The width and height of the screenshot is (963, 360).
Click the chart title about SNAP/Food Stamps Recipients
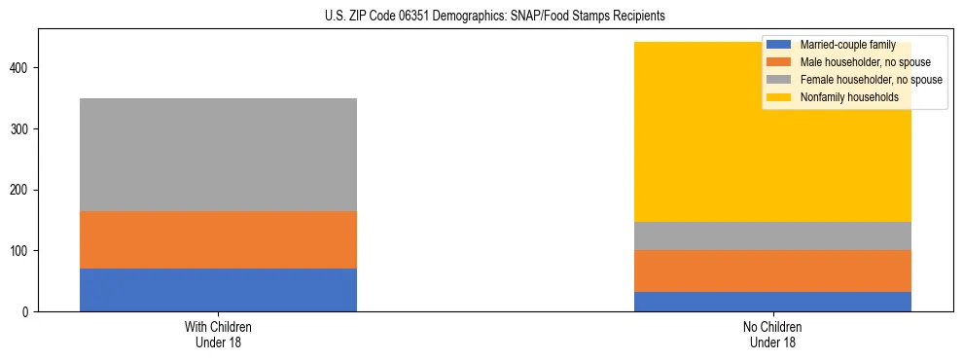click(495, 17)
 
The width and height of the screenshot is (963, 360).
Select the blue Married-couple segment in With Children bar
click(218, 290)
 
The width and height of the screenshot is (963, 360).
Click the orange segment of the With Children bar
click(218, 239)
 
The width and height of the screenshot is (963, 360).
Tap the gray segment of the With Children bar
click(218, 155)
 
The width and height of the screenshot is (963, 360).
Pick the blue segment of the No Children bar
click(772, 302)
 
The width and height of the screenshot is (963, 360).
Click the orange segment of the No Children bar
click(772, 270)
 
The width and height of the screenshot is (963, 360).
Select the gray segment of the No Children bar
click(772, 235)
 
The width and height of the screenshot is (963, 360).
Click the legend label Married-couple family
click(845, 45)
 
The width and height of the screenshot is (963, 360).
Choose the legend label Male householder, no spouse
click(859, 62)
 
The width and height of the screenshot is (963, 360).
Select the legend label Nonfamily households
click(842, 97)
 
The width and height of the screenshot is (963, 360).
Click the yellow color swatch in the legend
click(779, 97)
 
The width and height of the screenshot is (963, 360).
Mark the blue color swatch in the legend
click(779, 45)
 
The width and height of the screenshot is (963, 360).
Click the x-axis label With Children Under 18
click(218, 334)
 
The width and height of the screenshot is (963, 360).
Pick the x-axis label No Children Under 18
click(772, 334)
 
